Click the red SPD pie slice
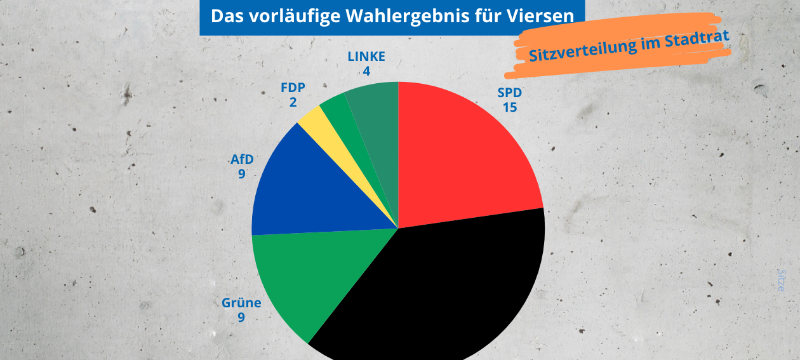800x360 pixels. coord(463,159)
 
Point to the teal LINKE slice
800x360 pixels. coord(378,108)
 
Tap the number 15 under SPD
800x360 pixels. coord(509,107)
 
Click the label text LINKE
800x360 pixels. coord(366,57)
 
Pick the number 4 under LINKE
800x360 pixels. coord(366,70)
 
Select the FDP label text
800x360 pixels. coord(293,88)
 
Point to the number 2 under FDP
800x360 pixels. coord(293,102)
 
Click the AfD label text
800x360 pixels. coord(242,159)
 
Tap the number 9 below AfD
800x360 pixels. coord(242,173)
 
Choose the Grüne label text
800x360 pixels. coord(241,303)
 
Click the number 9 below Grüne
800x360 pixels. coord(241,317)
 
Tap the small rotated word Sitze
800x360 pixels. coord(782,280)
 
